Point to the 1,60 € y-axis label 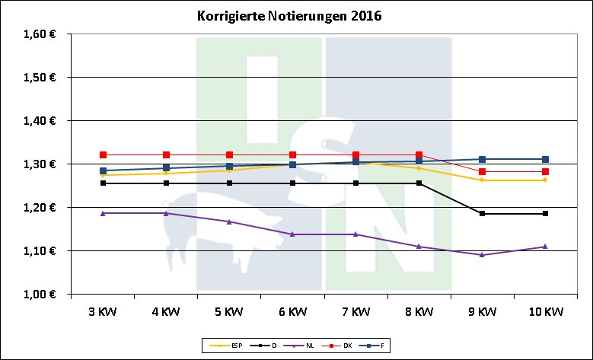pyautogui.click(x=40, y=34)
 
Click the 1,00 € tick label pyautogui.click(x=40, y=294)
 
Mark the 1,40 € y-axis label pyautogui.click(x=40, y=121)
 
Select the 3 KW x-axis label pyautogui.click(x=103, y=311)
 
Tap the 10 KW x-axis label pyautogui.click(x=545, y=311)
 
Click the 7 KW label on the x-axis pyautogui.click(x=355, y=311)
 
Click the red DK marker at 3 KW pyautogui.click(x=103, y=155)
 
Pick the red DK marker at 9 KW pyautogui.click(x=482, y=172)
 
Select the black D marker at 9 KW pyautogui.click(x=482, y=214)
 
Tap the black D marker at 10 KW pyautogui.click(x=545, y=214)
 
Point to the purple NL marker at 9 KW pyautogui.click(x=482, y=255)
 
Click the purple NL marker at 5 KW pyautogui.click(x=229, y=221)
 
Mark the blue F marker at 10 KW pyautogui.click(x=545, y=159)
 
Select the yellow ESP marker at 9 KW pyautogui.click(x=482, y=180)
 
